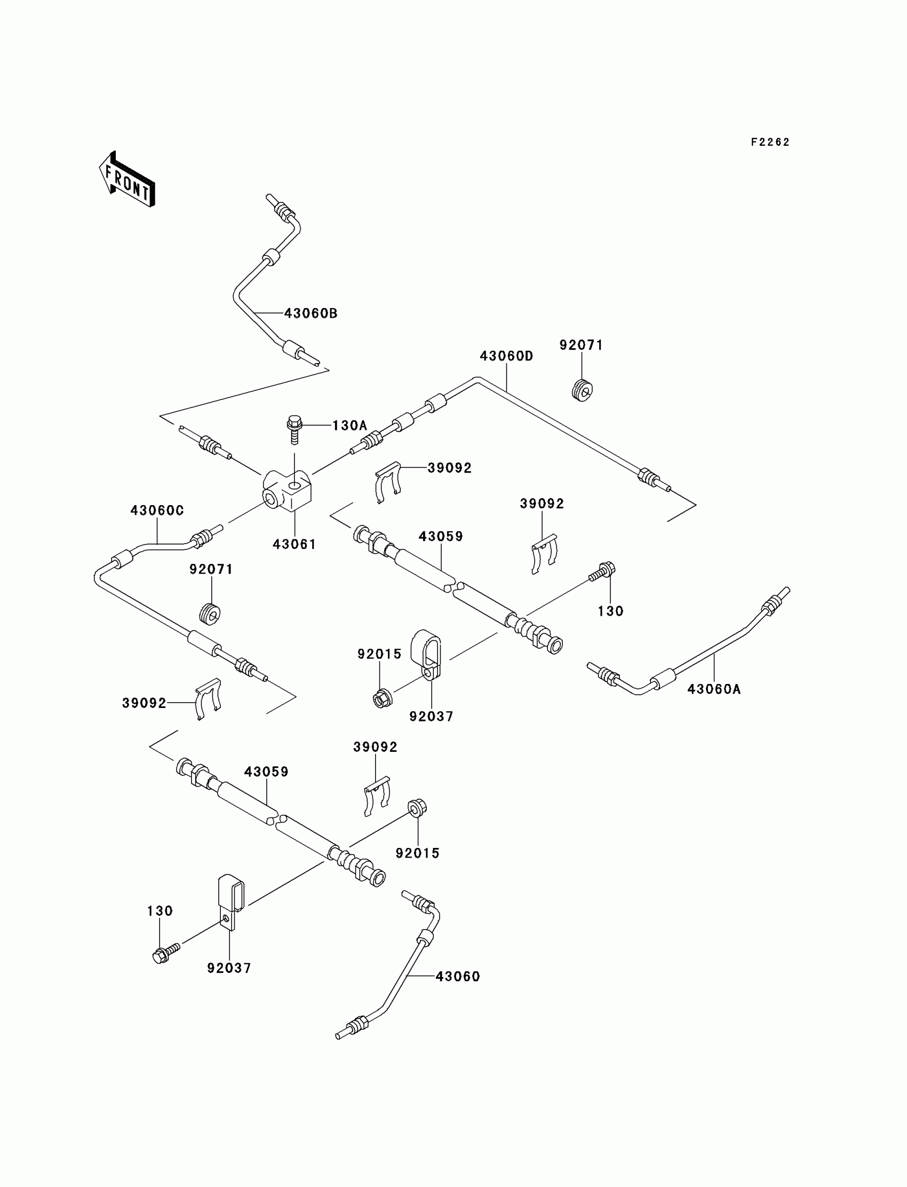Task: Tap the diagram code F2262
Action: (x=770, y=142)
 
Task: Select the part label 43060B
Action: (x=311, y=313)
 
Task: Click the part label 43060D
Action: (x=506, y=356)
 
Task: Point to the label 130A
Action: (x=349, y=425)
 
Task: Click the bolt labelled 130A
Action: (x=295, y=429)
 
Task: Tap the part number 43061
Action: (x=294, y=544)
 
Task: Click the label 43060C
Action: (x=156, y=510)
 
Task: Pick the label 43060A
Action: (x=714, y=689)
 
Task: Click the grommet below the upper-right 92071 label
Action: (x=582, y=390)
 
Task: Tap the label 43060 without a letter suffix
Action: (x=457, y=976)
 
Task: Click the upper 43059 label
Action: (x=441, y=537)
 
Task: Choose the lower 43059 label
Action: (x=266, y=772)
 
